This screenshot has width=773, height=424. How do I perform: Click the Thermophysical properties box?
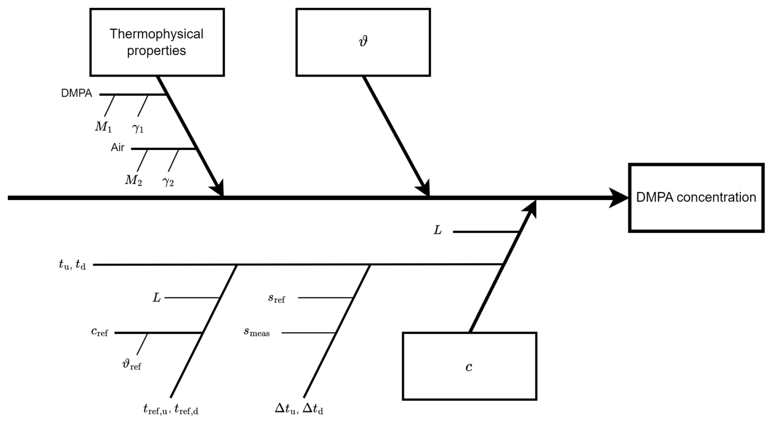click(x=157, y=42)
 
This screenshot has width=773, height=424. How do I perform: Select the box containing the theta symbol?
click(x=363, y=42)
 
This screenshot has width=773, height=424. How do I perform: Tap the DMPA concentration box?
click(x=696, y=198)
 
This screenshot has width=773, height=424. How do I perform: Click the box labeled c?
click(x=469, y=366)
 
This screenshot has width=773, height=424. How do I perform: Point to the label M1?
click(x=103, y=127)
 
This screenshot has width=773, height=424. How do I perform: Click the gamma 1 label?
click(x=138, y=128)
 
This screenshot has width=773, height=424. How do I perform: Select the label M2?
click(x=134, y=180)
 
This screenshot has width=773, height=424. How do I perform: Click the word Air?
click(x=118, y=148)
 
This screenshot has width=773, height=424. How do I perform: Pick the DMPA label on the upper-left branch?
click(x=77, y=94)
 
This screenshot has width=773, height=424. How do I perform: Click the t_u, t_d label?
click(x=72, y=265)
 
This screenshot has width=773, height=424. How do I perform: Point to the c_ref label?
click(x=100, y=332)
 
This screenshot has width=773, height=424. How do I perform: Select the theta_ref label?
click(x=132, y=364)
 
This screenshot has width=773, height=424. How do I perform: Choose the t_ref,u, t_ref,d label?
click(x=171, y=409)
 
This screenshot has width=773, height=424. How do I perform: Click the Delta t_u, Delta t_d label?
click(x=299, y=408)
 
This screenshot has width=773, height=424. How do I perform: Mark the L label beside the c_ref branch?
click(x=157, y=298)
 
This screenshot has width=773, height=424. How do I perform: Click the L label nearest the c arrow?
click(x=438, y=231)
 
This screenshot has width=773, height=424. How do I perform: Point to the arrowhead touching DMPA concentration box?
click(x=619, y=198)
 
